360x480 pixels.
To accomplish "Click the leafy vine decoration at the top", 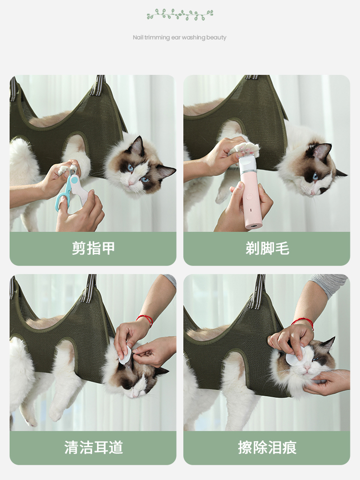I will (x=180, y=14).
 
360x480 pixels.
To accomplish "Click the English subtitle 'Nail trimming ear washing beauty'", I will (x=180, y=37).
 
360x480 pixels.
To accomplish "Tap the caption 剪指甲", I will (x=93, y=249).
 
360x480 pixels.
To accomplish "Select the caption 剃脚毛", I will (x=267, y=249).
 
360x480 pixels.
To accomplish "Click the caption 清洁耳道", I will (x=93, y=447).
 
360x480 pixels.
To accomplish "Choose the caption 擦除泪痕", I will (x=267, y=447).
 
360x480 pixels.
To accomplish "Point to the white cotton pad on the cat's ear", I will (x=126, y=355).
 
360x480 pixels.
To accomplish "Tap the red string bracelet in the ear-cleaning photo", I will (x=144, y=319).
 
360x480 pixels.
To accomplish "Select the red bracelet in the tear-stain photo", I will (x=303, y=322).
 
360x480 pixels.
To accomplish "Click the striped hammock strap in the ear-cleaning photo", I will (x=90, y=288).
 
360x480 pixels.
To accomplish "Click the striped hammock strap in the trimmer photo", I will (x=251, y=77).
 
